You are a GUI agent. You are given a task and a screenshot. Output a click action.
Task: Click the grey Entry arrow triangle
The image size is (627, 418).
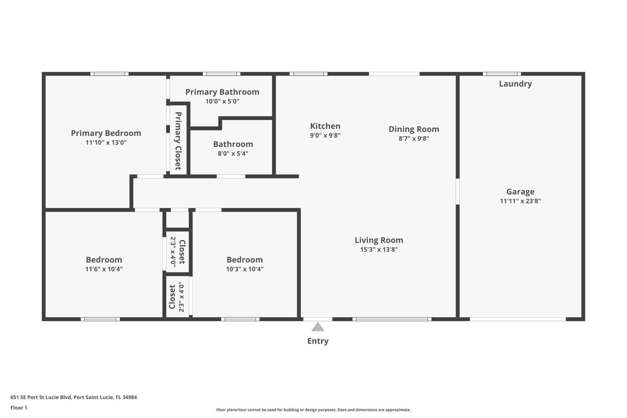click(x=318, y=327)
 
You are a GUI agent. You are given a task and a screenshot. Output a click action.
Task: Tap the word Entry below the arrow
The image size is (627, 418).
click(x=318, y=341)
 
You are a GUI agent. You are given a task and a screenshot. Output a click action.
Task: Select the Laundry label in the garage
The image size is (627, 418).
click(x=515, y=84)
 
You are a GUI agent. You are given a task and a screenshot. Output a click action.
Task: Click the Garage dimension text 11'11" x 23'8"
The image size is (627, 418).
click(x=520, y=201)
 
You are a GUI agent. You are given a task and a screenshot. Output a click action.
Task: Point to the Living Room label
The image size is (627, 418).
click(x=379, y=240)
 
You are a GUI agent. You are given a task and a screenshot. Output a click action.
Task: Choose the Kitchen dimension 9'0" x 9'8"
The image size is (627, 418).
click(x=325, y=136)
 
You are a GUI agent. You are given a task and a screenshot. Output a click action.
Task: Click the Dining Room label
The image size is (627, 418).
click(x=414, y=129)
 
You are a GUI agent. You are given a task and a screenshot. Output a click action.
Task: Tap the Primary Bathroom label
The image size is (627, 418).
click(x=222, y=92)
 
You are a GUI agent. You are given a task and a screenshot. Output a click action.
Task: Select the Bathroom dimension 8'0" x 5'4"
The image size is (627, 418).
click(x=233, y=153)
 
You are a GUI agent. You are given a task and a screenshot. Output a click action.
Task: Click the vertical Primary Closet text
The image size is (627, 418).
click(x=178, y=141)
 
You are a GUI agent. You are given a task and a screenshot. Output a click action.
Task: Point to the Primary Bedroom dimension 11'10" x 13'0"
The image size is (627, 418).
click(x=106, y=143)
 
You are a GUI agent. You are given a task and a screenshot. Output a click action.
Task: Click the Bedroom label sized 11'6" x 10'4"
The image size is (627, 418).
click(x=104, y=260)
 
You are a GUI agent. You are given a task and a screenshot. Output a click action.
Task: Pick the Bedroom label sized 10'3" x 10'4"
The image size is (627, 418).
click(x=245, y=260)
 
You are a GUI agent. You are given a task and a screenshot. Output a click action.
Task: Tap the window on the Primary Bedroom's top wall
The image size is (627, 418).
click(x=109, y=74)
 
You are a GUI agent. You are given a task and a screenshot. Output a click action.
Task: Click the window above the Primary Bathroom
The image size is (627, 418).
click(x=221, y=74)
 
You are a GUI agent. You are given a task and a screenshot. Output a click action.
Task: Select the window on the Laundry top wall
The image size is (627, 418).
click(x=502, y=74)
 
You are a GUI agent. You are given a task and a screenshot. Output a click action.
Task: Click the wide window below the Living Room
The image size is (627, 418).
click(x=392, y=319)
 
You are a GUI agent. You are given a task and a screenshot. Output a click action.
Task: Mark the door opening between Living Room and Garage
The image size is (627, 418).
click(x=458, y=191)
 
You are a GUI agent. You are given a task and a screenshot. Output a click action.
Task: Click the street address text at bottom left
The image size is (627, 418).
click(x=73, y=397)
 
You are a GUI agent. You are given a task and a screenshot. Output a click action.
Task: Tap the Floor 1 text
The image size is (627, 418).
click(x=19, y=408)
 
